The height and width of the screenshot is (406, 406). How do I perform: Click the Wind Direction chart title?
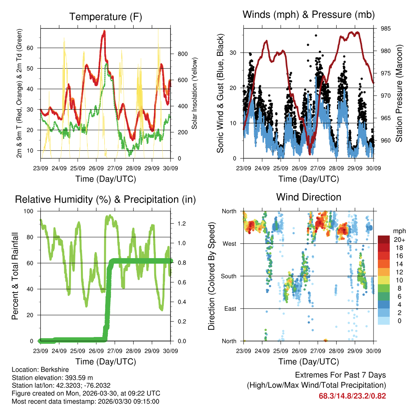pyautogui.click(x=308, y=197)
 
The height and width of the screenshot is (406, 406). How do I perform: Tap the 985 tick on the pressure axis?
pyautogui.click(x=386, y=29)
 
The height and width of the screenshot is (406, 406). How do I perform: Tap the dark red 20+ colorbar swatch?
pyautogui.click(x=383, y=239)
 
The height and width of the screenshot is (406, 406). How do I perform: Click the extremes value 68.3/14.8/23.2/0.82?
pyautogui.click(x=352, y=396)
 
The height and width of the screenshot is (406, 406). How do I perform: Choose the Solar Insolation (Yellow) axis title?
pyautogui.click(x=194, y=93)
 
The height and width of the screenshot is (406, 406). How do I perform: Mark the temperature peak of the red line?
pyautogui.click(x=104, y=31)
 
